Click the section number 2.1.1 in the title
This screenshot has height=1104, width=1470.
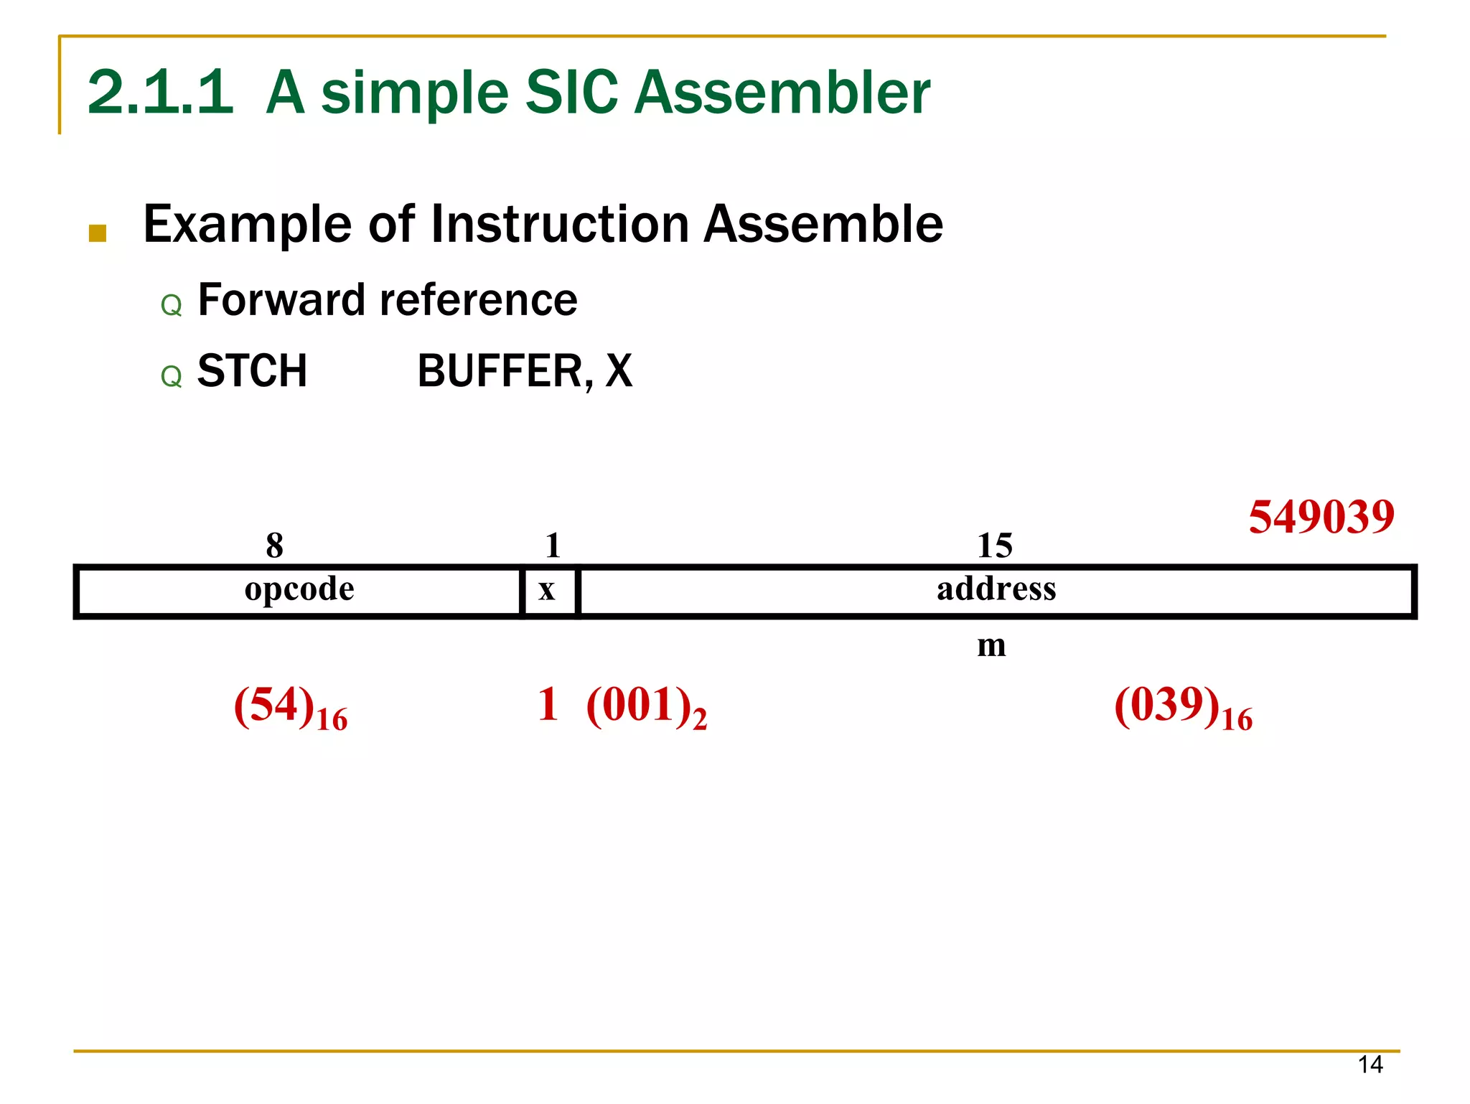pos(160,93)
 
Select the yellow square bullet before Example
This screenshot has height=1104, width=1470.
pos(98,233)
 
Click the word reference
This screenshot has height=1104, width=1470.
pos(478,299)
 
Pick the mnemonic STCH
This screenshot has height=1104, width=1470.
pos(252,371)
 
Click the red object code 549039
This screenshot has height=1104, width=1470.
pos(1321,516)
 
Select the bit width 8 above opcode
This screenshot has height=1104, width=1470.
pos(274,546)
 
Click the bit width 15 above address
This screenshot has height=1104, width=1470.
pos(994,546)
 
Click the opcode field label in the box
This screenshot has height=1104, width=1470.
pos(299,590)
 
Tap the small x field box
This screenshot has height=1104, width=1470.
pos(548,591)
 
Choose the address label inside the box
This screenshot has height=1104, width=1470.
pos(996,589)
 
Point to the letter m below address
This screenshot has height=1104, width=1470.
pos(991,645)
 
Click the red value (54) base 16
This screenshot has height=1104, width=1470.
pos(290,707)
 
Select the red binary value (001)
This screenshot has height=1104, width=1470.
pos(646,706)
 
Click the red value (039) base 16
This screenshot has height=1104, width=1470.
pos(1183,707)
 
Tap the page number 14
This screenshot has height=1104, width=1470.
pos(1370,1065)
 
